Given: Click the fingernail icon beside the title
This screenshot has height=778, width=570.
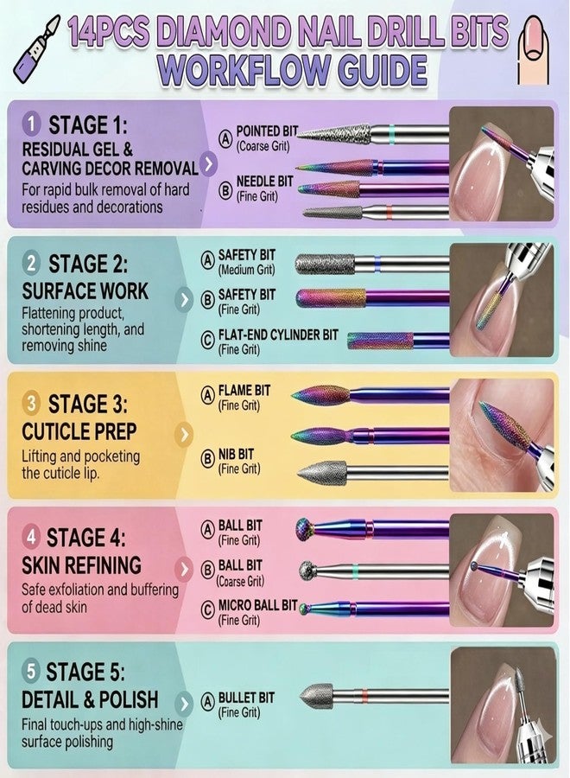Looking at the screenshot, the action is (x=534, y=49).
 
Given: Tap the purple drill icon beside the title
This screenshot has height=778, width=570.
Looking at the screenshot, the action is (x=36, y=49).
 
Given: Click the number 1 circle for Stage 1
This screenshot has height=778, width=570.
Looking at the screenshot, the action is (x=31, y=124).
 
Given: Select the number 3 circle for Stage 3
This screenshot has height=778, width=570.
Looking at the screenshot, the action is (x=31, y=404).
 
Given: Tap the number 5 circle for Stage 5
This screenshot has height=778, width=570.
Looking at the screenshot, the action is (x=31, y=672).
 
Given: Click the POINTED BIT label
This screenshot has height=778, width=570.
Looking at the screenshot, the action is (x=267, y=131).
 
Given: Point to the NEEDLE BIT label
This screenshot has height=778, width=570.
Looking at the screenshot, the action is (x=264, y=182).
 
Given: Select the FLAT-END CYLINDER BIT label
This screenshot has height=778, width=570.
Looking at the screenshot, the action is (x=278, y=335).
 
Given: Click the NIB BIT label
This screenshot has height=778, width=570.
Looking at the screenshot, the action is (x=236, y=454).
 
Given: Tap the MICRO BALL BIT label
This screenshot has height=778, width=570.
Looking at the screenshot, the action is (x=257, y=605).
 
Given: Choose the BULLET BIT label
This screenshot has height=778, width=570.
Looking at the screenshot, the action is (x=246, y=698).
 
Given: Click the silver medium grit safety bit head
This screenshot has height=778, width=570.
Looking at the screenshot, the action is (x=325, y=264).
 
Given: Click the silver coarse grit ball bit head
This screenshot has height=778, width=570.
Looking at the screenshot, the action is (x=308, y=571).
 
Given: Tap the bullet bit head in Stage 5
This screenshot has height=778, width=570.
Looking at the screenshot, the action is (x=317, y=696).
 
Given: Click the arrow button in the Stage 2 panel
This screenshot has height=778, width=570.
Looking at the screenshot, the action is (x=184, y=300).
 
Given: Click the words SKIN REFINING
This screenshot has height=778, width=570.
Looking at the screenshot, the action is (x=81, y=565).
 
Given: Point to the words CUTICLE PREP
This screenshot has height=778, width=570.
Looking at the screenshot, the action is (x=79, y=431).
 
